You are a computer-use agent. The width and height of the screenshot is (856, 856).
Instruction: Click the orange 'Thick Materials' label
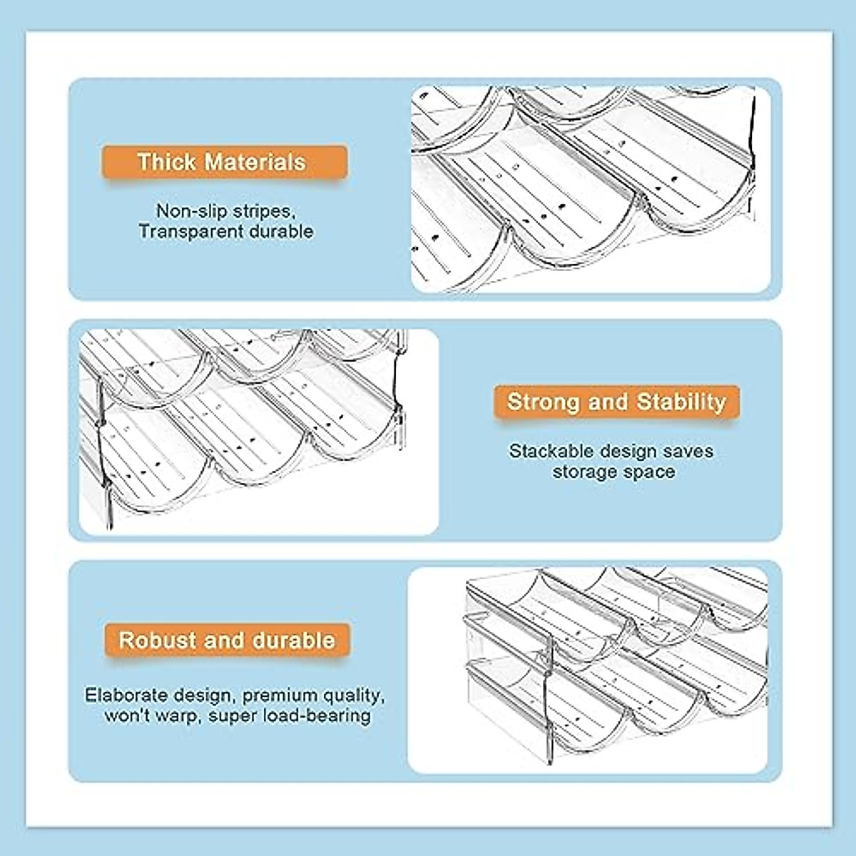tap(224, 163)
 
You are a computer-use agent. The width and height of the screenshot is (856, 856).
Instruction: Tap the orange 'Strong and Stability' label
tap(616, 402)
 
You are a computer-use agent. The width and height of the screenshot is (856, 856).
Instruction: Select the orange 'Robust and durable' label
tap(227, 640)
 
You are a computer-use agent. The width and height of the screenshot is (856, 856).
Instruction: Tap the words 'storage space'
tap(613, 472)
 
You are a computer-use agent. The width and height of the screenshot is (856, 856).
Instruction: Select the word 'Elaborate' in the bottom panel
tap(126, 695)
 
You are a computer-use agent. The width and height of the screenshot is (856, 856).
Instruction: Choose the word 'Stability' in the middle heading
tap(681, 402)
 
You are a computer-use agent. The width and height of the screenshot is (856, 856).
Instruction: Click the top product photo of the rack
tap(591, 189)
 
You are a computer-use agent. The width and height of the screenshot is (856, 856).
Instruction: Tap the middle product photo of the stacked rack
tap(258, 432)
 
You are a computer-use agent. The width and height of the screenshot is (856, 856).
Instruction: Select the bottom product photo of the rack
tap(588, 671)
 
